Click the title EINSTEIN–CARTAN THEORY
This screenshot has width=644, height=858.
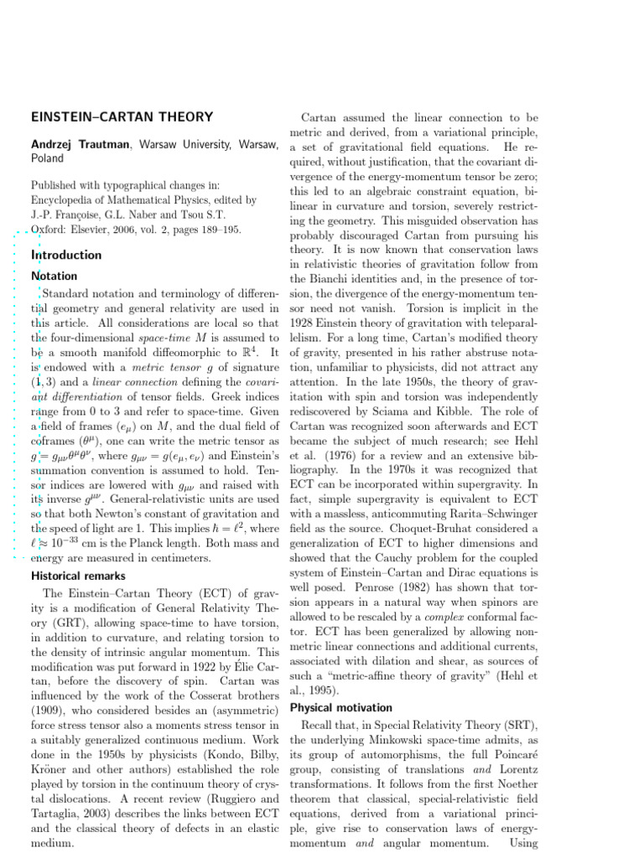click(122, 117)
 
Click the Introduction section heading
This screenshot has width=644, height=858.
click(66, 255)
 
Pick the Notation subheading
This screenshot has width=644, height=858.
click(54, 276)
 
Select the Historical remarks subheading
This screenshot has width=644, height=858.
click(78, 576)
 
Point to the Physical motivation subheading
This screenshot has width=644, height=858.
click(340, 707)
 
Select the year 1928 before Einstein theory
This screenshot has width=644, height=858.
click(304, 323)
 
